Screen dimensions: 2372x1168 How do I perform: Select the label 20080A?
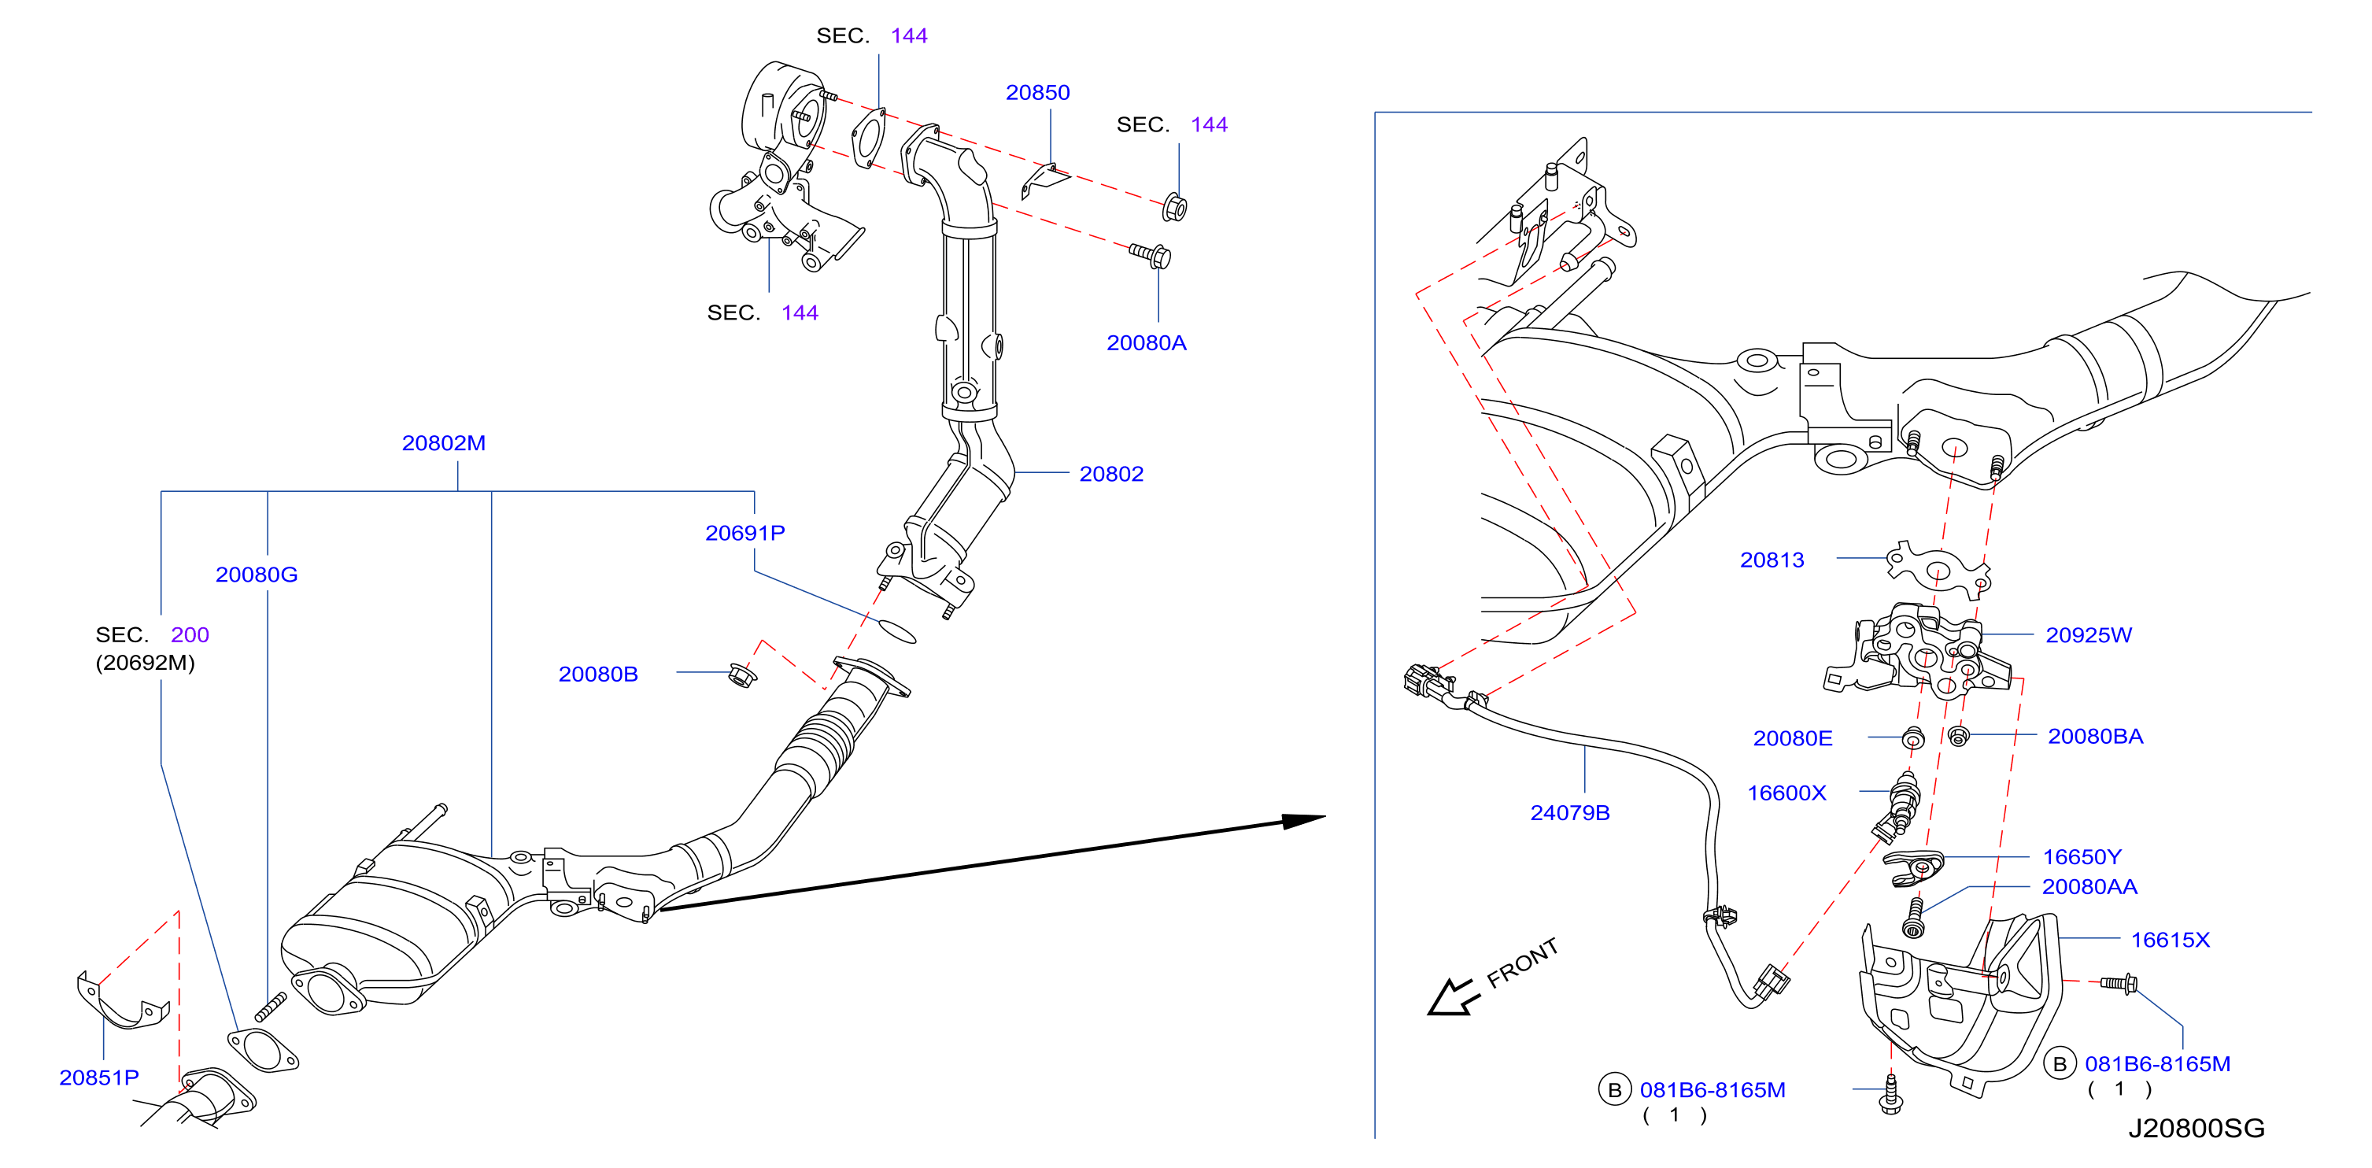point(1146,342)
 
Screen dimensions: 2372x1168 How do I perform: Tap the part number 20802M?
point(443,443)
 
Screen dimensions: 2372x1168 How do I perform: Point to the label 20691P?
point(745,532)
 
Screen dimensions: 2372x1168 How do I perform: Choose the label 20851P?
point(98,1077)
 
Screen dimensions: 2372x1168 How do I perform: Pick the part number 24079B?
point(1569,812)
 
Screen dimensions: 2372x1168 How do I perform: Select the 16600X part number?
point(1786,793)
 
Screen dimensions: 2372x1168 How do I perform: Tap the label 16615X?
point(2170,940)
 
